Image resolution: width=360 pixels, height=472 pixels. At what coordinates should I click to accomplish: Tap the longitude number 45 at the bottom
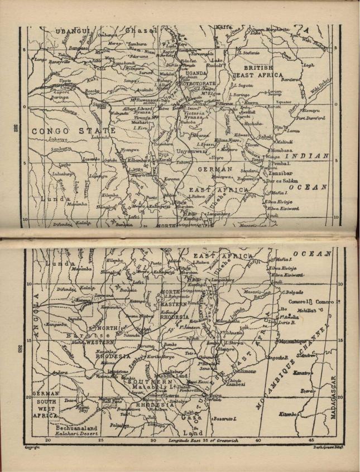pos(310,440)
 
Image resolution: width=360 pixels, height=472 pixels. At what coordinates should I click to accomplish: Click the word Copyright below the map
pos(31,447)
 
